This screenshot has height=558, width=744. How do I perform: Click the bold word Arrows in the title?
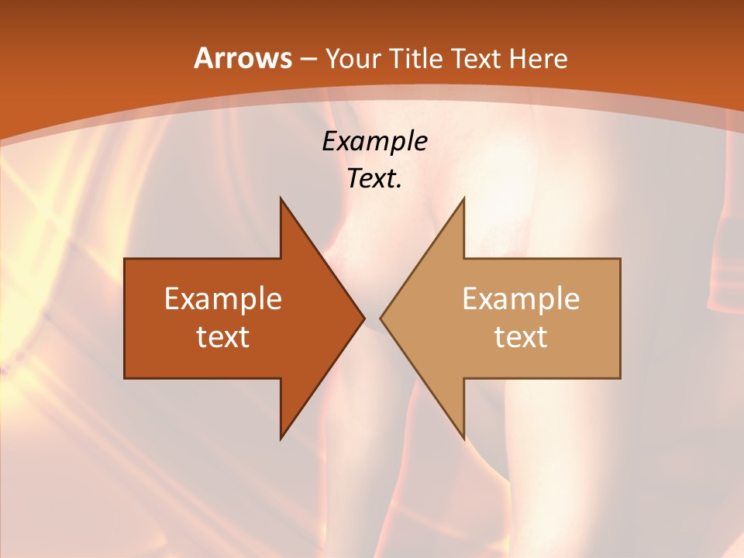[242, 58]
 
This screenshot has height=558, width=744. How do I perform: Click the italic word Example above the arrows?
[375, 141]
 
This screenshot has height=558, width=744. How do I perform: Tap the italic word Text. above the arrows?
[373, 179]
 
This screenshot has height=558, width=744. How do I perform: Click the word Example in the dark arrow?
[223, 299]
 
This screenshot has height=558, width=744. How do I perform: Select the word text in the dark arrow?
[223, 337]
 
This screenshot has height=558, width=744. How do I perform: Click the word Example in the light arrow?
[521, 299]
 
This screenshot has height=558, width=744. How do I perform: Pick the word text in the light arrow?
[521, 337]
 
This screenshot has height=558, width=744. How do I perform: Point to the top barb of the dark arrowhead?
[283, 203]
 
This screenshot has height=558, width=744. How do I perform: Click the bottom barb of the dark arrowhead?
[283, 434]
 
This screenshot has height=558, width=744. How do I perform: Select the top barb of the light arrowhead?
[462, 203]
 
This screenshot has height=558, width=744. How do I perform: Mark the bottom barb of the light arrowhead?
[462, 434]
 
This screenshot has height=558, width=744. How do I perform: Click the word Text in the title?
[477, 58]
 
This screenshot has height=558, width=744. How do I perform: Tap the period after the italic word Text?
[399, 187]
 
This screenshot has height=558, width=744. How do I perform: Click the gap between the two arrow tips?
[372, 318]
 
